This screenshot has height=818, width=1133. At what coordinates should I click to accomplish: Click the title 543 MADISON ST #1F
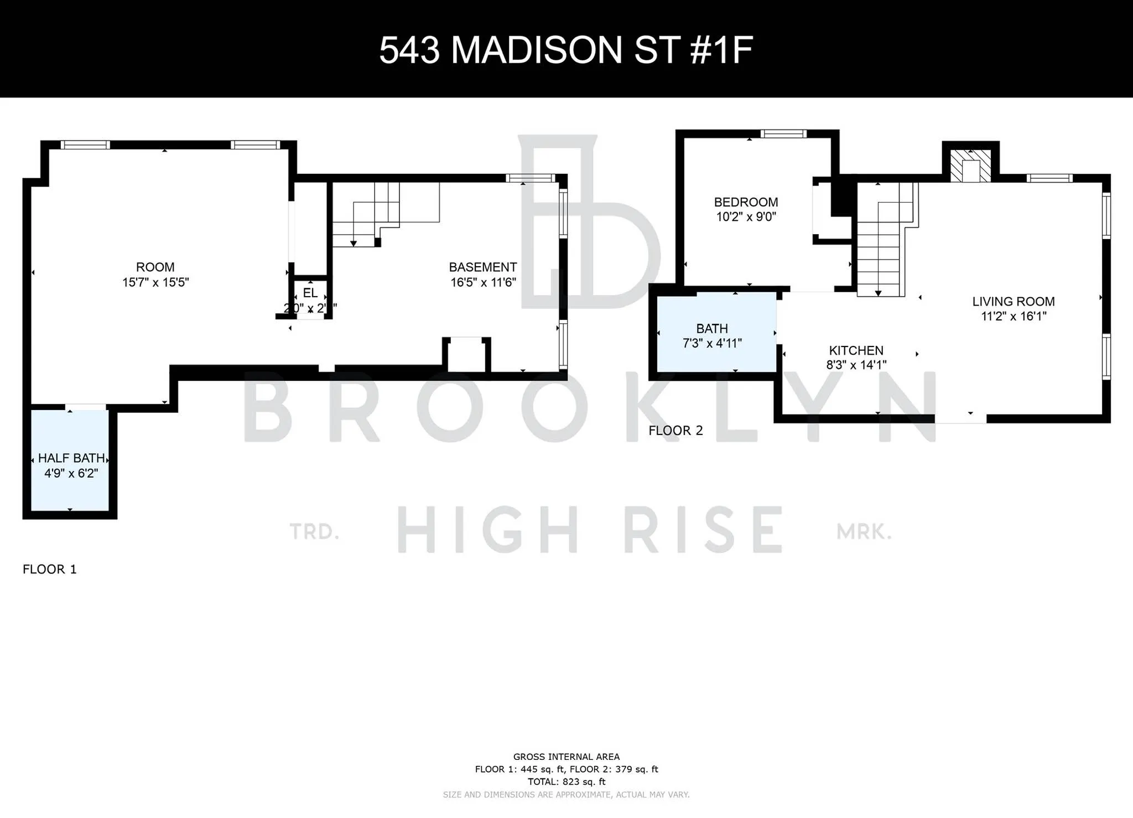(565, 50)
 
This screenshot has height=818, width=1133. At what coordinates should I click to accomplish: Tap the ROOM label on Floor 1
(155, 267)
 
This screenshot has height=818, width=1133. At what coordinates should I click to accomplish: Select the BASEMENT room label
(483, 267)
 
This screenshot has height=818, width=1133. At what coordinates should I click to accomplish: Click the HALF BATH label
(71, 458)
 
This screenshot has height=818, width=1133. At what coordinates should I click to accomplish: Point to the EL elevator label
(310, 293)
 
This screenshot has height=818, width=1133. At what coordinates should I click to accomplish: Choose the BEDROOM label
(746, 202)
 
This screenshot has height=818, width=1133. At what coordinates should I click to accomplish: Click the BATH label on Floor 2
(712, 329)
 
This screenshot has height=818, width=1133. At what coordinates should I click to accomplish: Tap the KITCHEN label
(856, 350)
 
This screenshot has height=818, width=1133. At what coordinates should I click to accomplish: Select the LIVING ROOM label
(1014, 302)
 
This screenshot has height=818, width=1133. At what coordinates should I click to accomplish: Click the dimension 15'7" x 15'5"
(155, 282)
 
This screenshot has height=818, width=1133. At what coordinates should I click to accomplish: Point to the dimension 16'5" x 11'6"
(483, 282)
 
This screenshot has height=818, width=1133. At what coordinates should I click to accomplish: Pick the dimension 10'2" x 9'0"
(746, 217)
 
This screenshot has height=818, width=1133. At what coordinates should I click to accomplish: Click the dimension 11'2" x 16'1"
(1014, 317)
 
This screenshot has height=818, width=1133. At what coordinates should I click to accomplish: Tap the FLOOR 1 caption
(50, 570)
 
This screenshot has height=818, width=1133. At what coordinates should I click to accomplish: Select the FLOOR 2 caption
(675, 431)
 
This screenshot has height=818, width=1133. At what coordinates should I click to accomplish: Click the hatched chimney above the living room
(970, 165)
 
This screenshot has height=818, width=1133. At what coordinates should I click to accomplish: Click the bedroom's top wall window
(783, 133)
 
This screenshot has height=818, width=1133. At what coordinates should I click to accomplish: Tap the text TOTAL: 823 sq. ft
(566, 782)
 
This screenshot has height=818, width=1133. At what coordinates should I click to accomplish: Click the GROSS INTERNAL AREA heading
(566, 757)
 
